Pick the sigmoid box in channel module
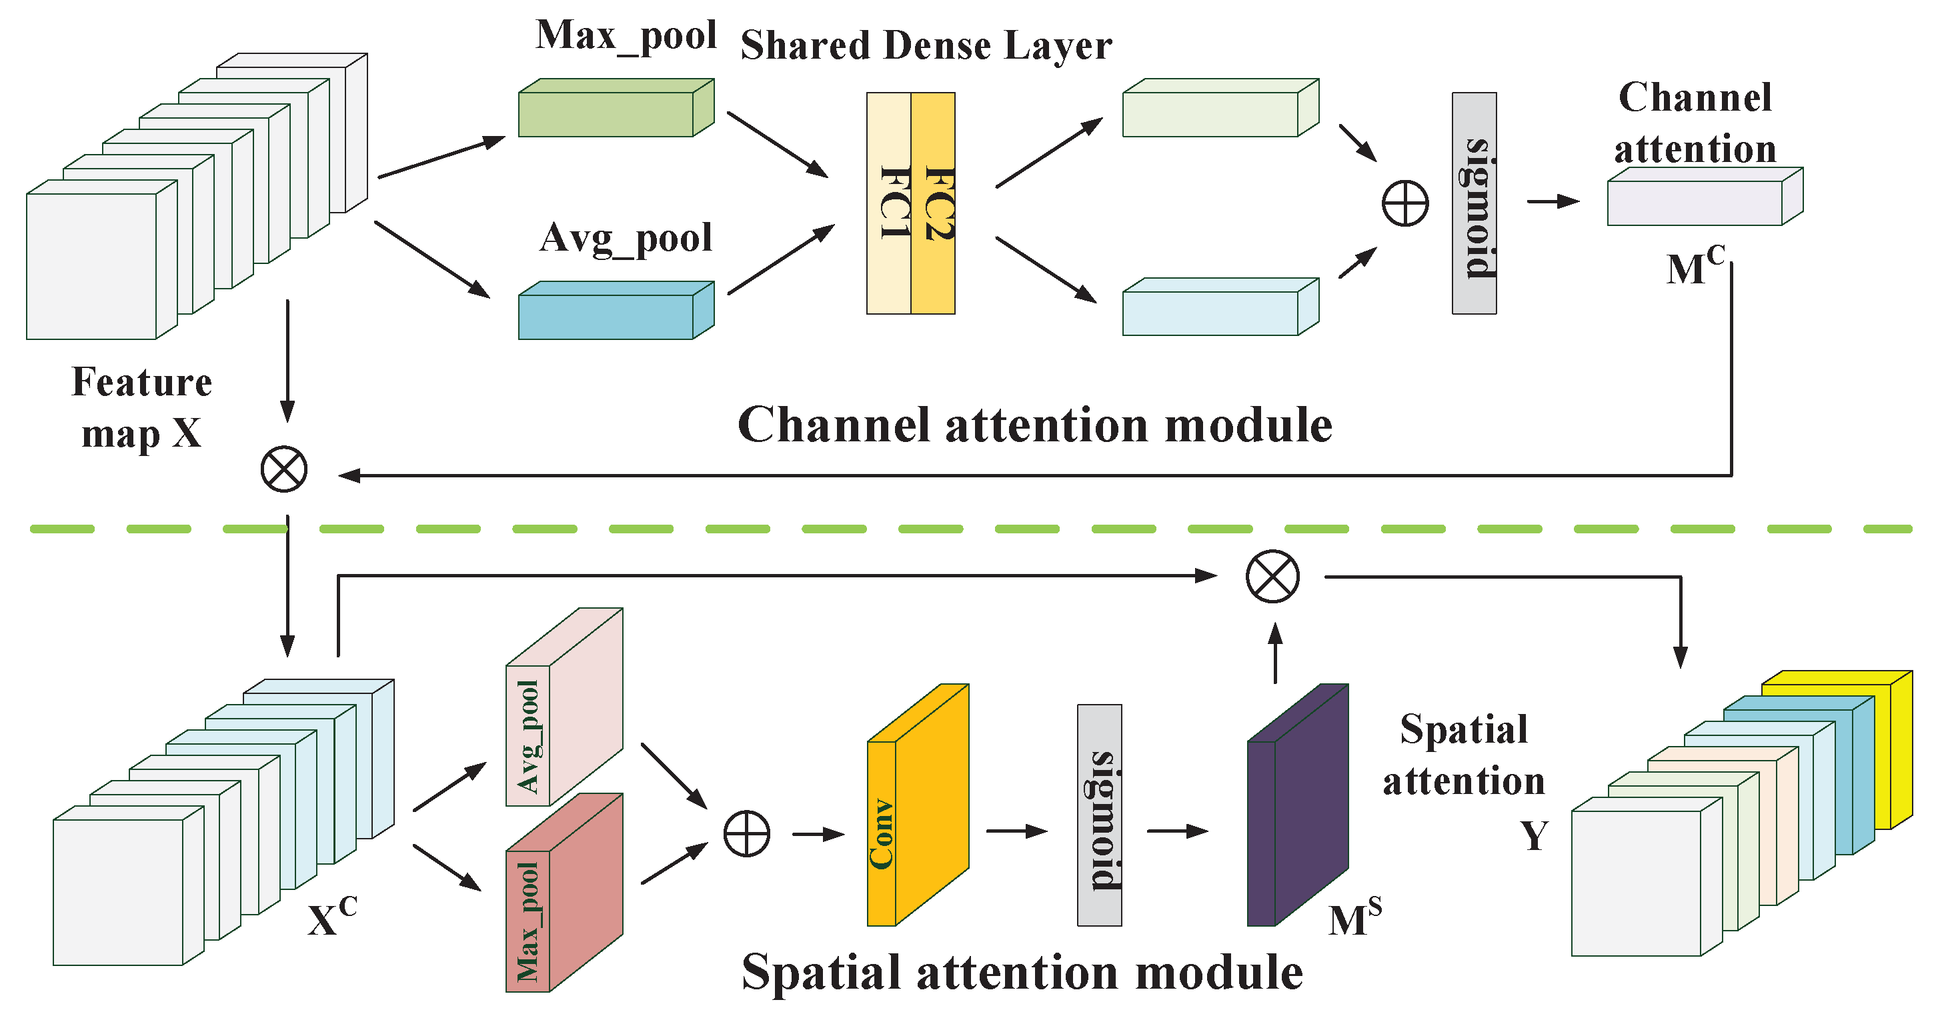(x=1474, y=203)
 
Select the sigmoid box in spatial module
(x=1099, y=815)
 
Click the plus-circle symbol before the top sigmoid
(x=1405, y=203)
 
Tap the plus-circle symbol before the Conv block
(x=746, y=834)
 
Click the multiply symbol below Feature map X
(x=284, y=469)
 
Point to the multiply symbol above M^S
(x=1272, y=577)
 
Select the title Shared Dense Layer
(x=926, y=45)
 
